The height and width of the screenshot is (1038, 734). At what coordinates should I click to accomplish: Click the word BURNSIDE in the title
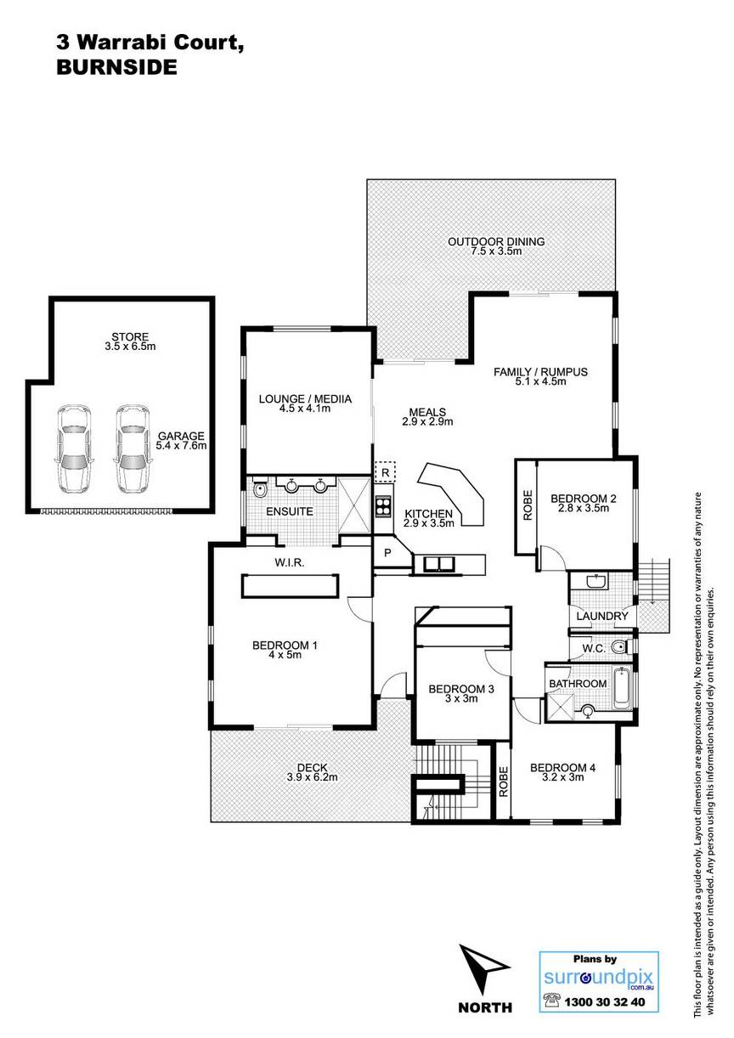[116, 68]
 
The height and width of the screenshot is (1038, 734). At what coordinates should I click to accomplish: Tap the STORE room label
[130, 337]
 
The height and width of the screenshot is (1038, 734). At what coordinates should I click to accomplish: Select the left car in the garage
[73, 449]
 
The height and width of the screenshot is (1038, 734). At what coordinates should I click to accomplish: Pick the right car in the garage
[132, 449]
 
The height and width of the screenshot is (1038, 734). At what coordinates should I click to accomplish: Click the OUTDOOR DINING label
[496, 241]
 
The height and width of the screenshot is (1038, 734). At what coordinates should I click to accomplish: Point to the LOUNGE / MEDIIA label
[305, 398]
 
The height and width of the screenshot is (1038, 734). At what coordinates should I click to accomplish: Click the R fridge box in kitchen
[385, 472]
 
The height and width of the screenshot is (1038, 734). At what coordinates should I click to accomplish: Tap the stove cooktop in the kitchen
[384, 506]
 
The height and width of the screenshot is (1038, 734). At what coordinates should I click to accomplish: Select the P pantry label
[387, 553]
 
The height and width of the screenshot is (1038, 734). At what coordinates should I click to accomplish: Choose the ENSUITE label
[290, 511]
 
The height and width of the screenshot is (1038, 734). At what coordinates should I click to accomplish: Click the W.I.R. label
[289, 562]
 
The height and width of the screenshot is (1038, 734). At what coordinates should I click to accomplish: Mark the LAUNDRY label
[602, 617]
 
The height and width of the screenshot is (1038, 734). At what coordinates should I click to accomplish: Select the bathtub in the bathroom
[622, 688]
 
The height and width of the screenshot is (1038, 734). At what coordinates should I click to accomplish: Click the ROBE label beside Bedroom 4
[503, 781]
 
